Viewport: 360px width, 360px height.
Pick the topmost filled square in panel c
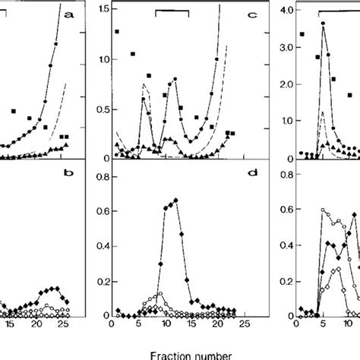(116, 32)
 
